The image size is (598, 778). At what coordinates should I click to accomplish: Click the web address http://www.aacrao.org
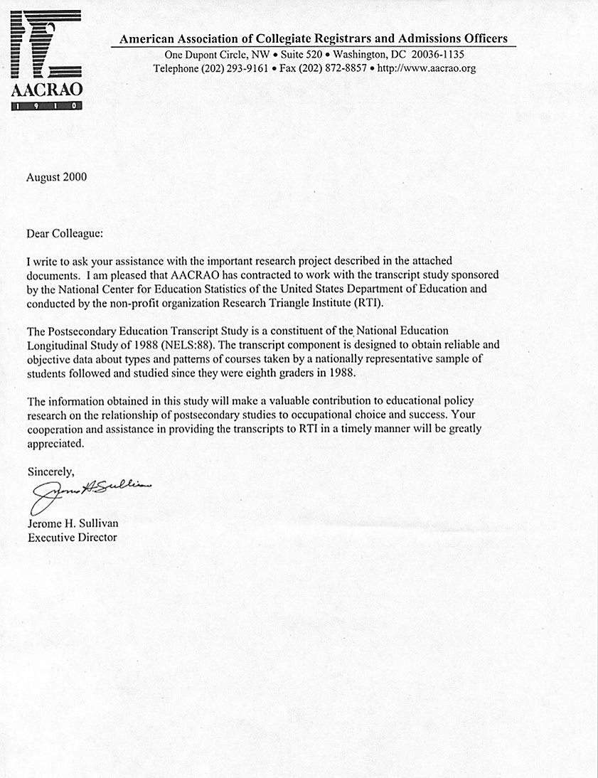(426, 69)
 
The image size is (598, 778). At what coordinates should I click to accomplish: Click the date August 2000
(57, 177)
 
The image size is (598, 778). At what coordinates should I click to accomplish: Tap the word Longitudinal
(57, 344)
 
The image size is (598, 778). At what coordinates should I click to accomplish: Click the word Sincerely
(50, 471)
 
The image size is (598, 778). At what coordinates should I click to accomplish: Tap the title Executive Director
(72, 538)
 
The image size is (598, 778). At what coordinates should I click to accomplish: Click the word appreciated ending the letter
(55, 443)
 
